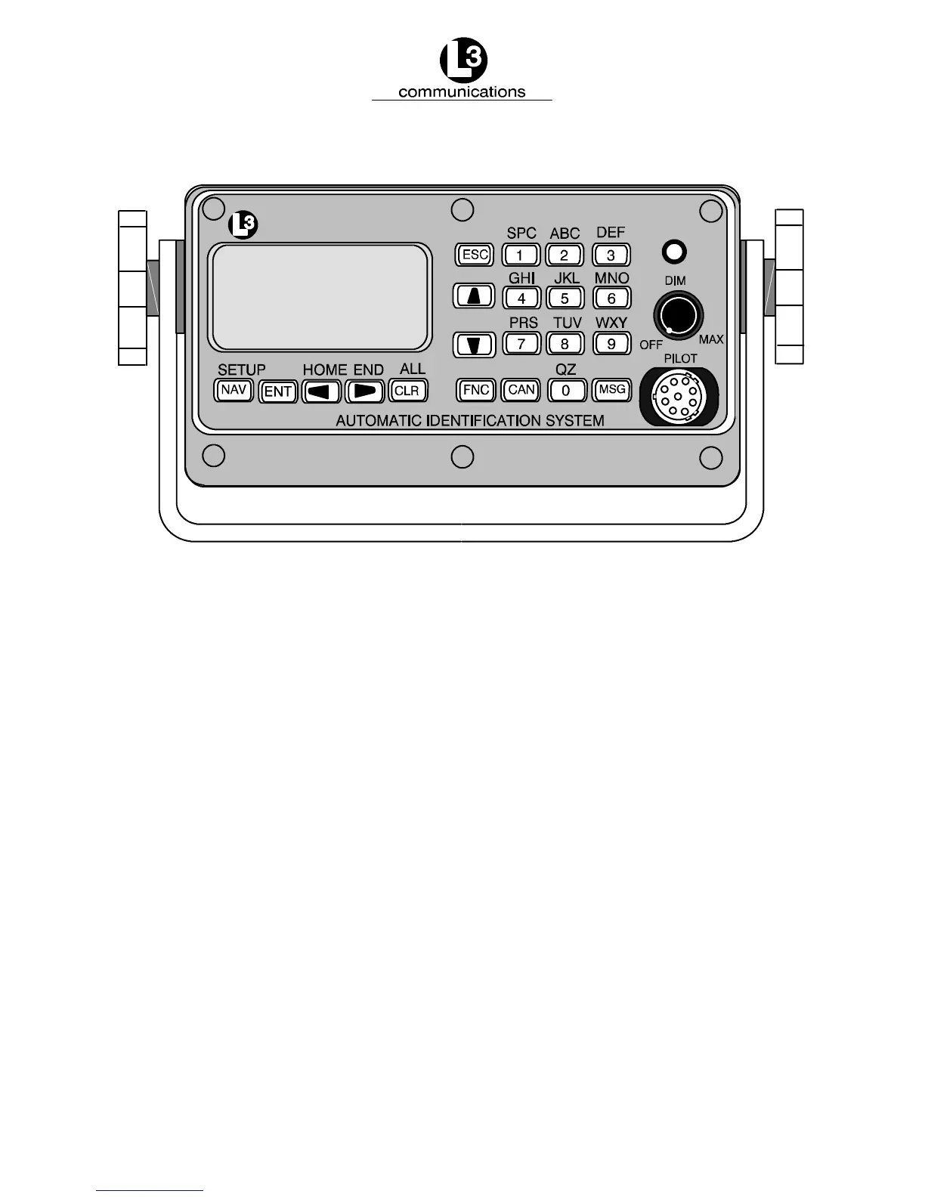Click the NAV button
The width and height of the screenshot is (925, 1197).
click(x=234, y=390)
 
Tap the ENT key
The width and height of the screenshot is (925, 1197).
click(x=278, y=391)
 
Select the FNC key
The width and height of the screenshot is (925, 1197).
click(x=476, y=390)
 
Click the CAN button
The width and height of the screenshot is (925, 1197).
click(x=521, y=390)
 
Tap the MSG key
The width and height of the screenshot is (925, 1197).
click(x=611, y=390)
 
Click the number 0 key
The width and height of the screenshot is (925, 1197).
click(x=566, y=391)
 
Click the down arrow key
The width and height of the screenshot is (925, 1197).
click(x=474, y=345)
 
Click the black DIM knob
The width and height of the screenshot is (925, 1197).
click(x=678, y=313)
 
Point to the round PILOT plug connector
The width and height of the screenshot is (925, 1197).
click(x=677, y=396)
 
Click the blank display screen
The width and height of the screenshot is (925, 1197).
click(x=321, y=297)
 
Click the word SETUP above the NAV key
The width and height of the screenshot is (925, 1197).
click(x=242, y=370)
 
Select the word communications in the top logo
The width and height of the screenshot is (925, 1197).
click(x=461, y=92)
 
